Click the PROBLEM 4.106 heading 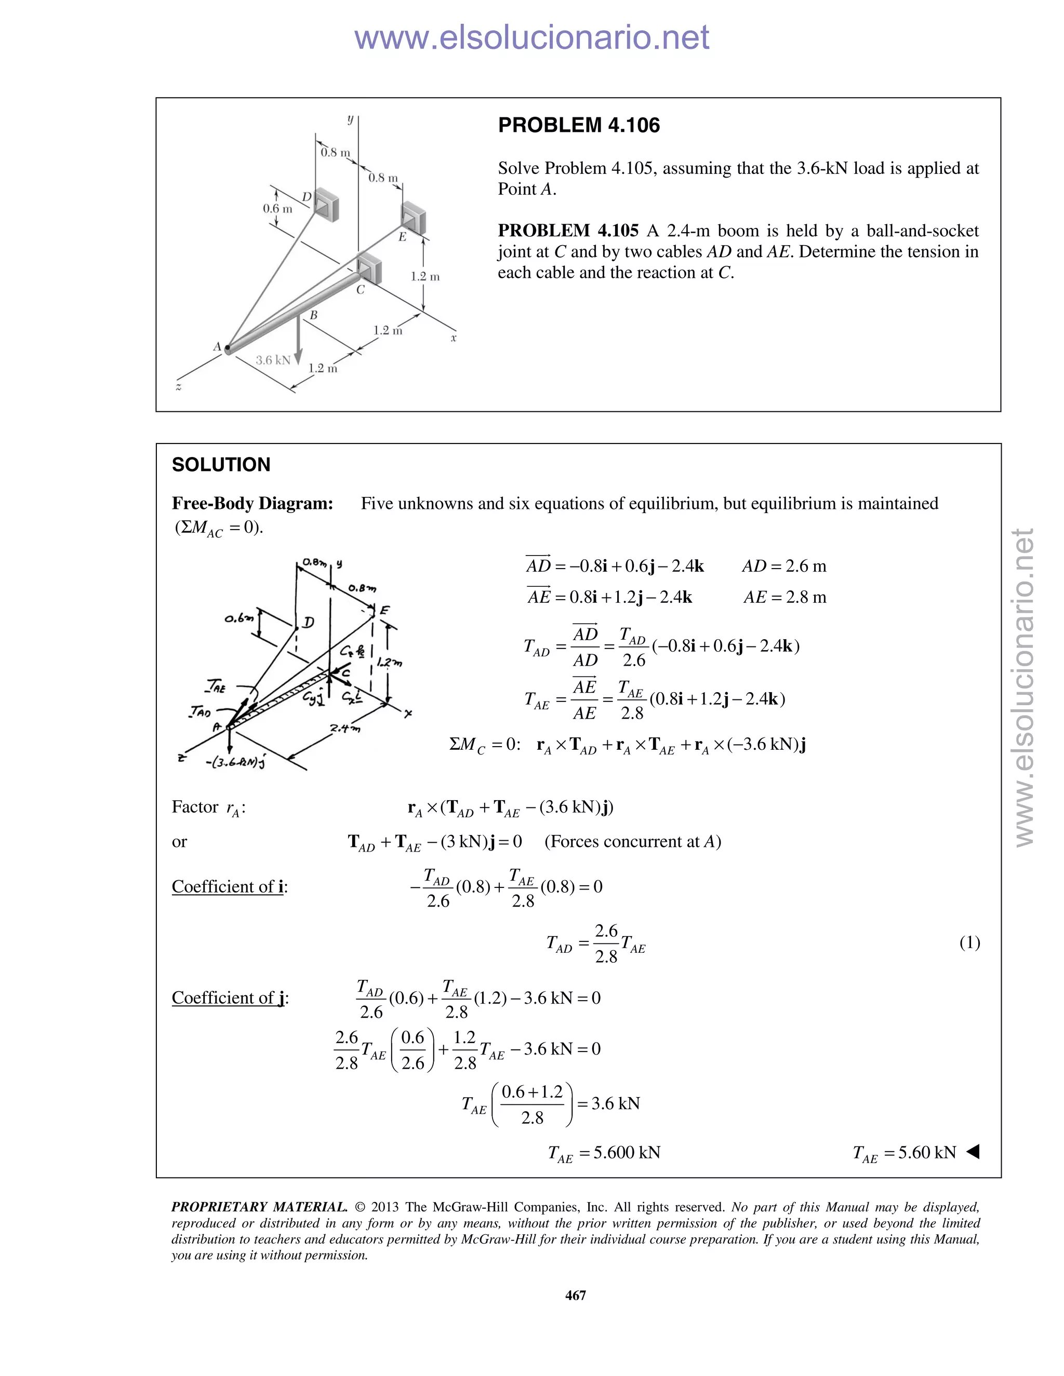(579, 125)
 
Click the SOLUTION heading (221, 465)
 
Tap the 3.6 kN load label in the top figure (272, 360)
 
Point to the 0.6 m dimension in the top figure (277, 209)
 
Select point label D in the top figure (307, 197)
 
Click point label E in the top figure (402, 237)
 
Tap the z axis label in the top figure (179, 387)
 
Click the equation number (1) (969, 942)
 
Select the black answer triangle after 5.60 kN (973, 1152)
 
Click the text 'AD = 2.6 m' (783, 566)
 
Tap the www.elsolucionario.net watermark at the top (531, 38)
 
